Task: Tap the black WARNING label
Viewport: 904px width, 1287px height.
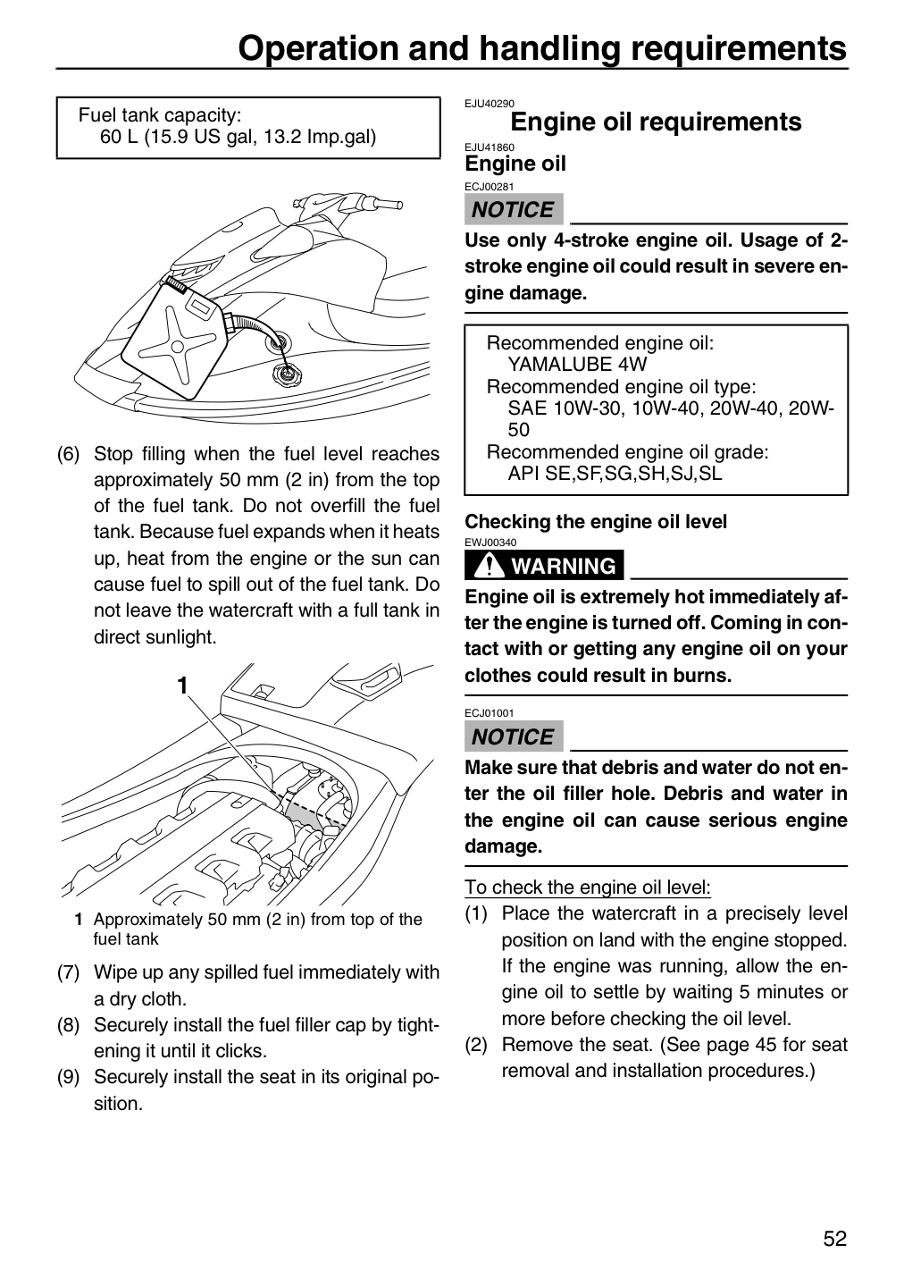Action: [x=544, y=566]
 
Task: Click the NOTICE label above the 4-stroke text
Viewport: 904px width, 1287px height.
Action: [x=514, y=209]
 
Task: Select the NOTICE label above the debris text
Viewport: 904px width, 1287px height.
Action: [x=514, y=736]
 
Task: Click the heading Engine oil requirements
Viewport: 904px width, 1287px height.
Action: [x=656, y=122]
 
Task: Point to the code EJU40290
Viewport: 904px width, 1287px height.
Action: [x=490, y=104]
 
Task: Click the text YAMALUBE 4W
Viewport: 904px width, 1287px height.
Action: [x=577, y=365]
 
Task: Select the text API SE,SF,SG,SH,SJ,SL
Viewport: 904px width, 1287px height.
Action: [x=615, y=474]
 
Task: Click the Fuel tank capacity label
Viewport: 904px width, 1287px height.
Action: [x=160, y=115]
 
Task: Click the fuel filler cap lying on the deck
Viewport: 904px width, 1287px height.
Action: [x=283, y=377]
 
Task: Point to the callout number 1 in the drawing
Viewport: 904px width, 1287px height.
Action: [x=182, y=686]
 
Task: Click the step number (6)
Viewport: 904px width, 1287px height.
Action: [x=68, y=454]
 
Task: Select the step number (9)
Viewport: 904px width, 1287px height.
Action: [x=68, y=1077]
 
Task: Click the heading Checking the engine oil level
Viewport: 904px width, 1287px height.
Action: [x=596, y=522]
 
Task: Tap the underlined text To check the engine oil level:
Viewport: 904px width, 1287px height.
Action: [x=588, y=887]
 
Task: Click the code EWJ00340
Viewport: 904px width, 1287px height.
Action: [x=490, y=543]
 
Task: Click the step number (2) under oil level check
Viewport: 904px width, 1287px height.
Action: [x=475, y=1045]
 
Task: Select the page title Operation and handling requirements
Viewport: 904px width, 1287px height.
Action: [x=542, y=48]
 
